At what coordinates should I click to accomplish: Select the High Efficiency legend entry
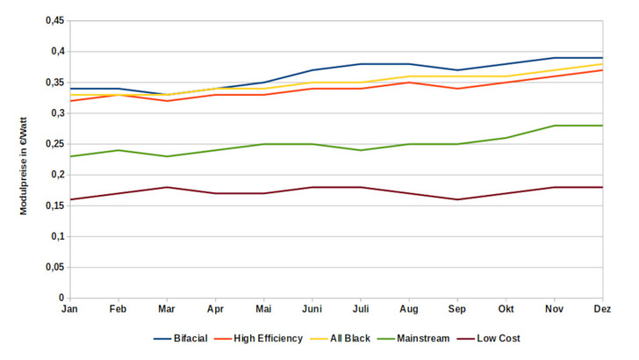[x=268, y=338]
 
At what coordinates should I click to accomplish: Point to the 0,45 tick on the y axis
[x=54, y=21]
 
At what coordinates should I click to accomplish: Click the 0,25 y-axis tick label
[x=54, y=144]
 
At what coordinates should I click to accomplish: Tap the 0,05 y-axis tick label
[x=54, y=268]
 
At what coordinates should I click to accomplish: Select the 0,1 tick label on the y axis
[x=58, y=237]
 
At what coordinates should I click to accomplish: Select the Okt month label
[x=505, y=310]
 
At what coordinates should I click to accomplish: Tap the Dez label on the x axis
[x=601, y=310]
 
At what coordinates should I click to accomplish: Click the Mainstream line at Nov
[x=553, y=126]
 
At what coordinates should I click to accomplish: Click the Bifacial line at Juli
[x=360, y=64]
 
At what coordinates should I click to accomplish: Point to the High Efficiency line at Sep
[x=456, y=89]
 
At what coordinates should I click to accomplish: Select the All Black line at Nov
[x=553, y=70]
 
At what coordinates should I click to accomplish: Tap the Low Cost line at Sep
[x=456, y=199]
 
